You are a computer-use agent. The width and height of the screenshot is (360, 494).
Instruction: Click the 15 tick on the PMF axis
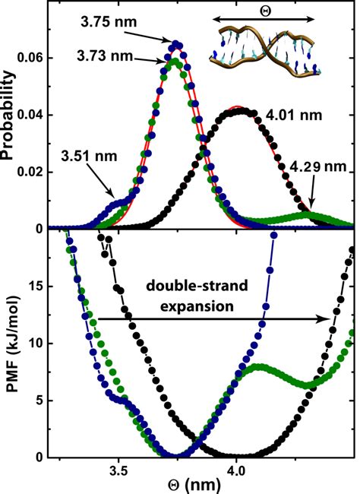coord(35,286)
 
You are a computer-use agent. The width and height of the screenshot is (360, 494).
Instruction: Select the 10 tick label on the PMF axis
coord(35,343)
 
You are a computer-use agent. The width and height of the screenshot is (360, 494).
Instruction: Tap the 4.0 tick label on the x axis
coord(236,470)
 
